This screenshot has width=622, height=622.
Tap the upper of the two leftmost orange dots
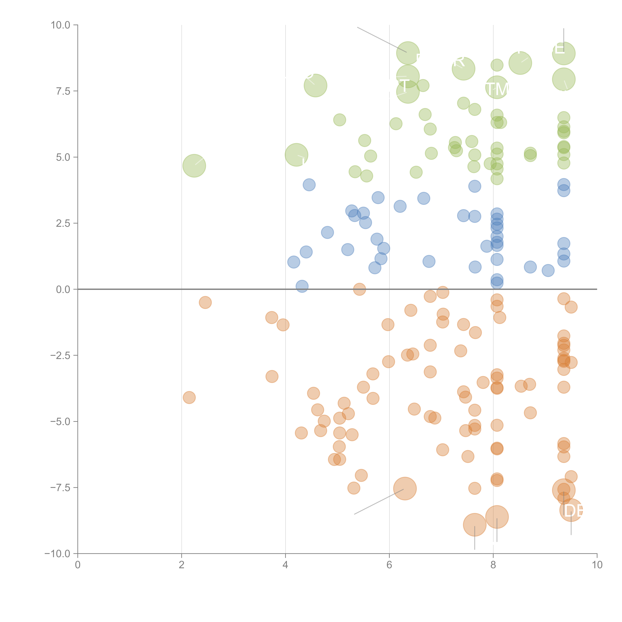[205, 302]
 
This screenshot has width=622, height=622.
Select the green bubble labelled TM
[497, 88]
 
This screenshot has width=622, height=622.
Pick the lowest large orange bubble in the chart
[475, 525]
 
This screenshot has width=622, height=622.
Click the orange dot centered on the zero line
[359, 289]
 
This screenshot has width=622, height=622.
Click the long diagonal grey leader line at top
[382, 39]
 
